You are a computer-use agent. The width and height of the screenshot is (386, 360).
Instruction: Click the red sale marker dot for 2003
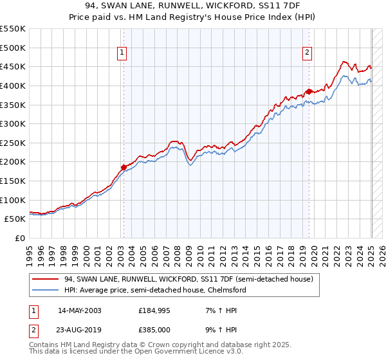point(124,167)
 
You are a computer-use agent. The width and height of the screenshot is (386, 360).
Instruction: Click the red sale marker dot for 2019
point(309,91)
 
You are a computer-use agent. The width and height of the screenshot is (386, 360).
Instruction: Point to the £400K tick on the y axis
point(14,85)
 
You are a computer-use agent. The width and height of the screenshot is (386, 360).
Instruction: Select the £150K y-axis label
point(14,181)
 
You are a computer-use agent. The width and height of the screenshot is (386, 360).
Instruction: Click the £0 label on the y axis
point(21,239)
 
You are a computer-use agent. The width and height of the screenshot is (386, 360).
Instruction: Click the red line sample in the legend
point(46,280)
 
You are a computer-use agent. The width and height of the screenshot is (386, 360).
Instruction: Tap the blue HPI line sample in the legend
point(46,290)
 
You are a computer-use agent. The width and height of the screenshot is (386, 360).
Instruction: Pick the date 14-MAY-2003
point(79,310)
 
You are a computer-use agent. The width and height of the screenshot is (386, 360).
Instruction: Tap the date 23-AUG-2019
point(79,332)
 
